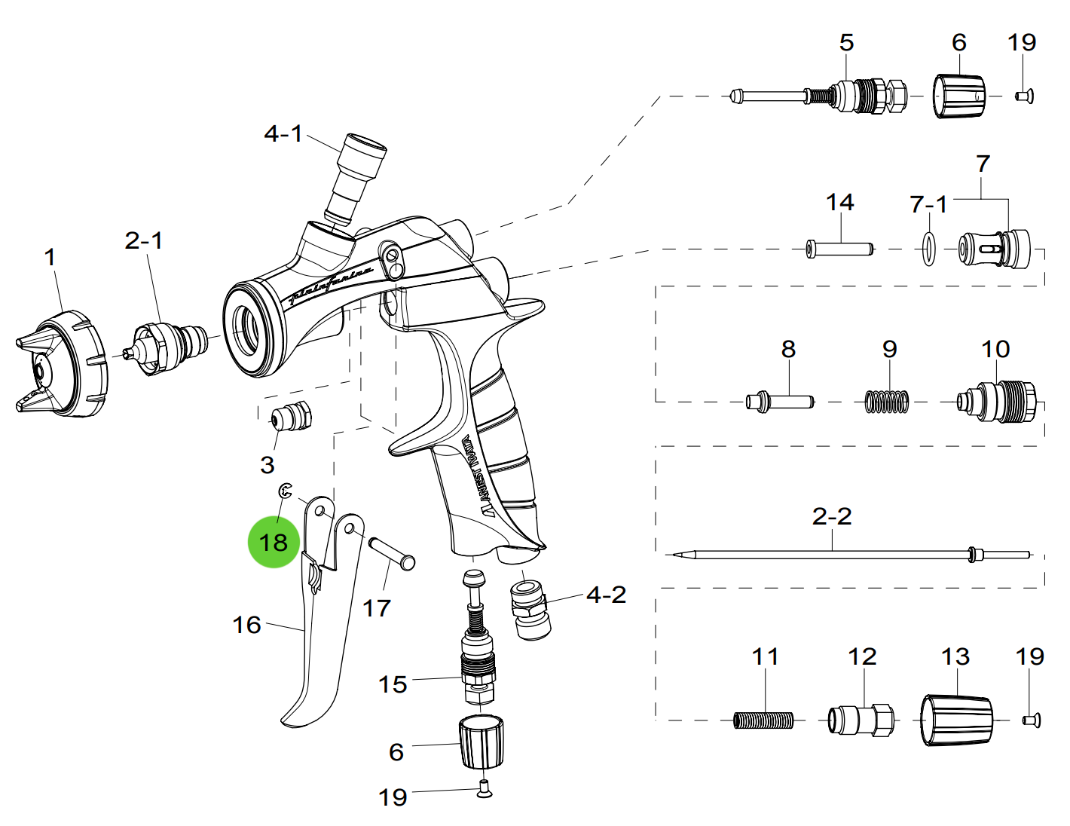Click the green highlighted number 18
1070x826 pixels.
coord(274,542)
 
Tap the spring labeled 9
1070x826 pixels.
coord(887,402)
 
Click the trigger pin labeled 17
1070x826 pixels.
coord(392,552)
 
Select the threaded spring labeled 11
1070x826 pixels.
coord(763,721)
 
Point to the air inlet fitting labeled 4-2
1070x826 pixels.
coord(530,608)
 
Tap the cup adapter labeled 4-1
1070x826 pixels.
coord(356,177)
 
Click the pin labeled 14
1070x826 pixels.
coord(839,249)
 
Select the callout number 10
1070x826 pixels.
coord(995,349)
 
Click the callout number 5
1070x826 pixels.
coord(847,42)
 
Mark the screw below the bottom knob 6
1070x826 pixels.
coord(485,789)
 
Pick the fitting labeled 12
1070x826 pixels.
coord(861,720)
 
